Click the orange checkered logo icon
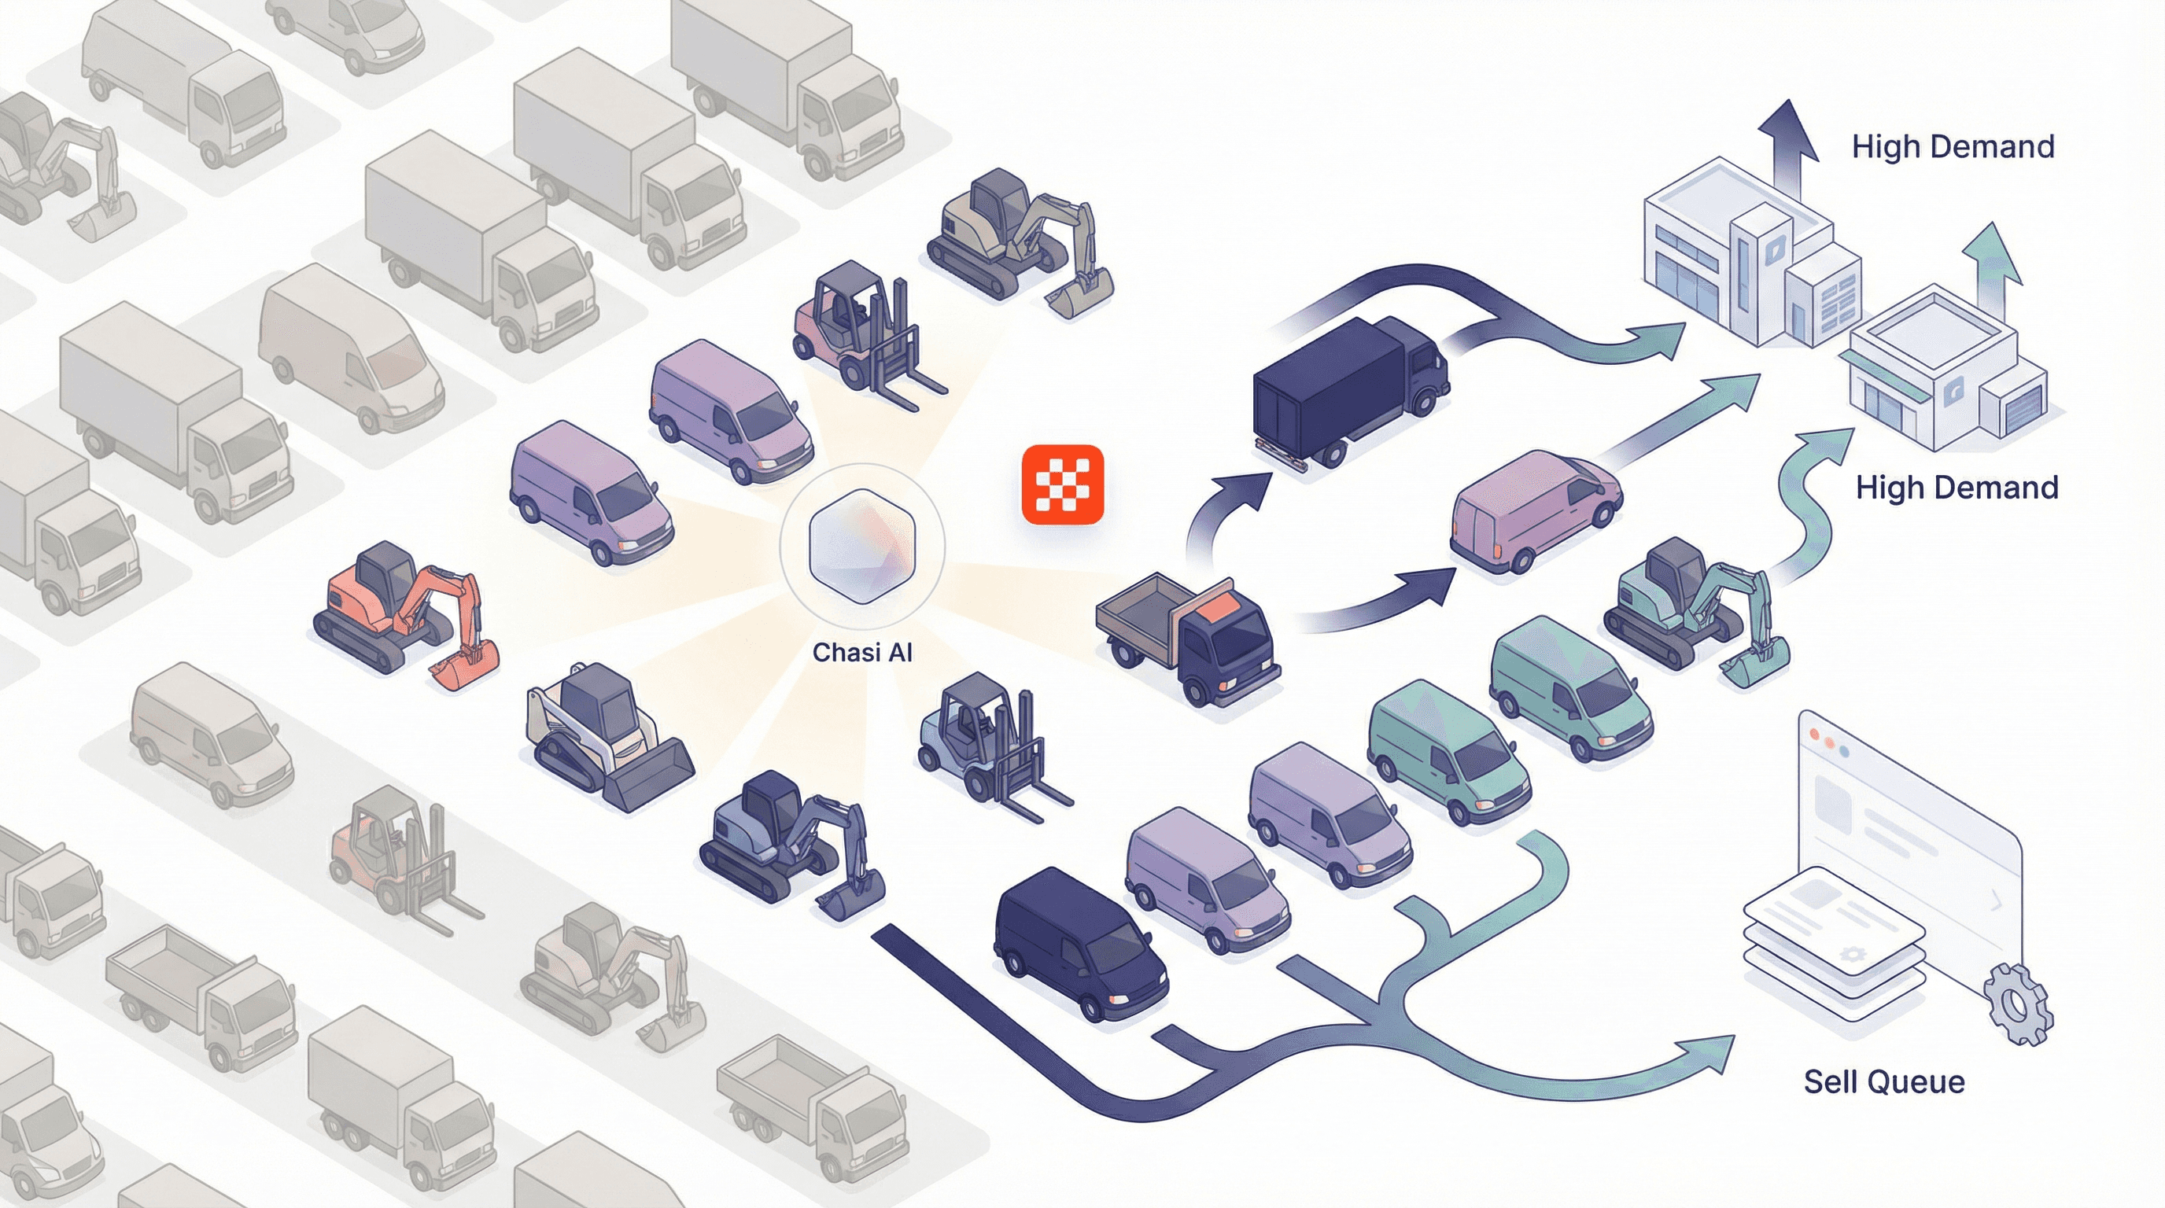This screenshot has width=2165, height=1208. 1062,484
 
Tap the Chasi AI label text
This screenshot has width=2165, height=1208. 862,653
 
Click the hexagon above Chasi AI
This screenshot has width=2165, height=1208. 861,545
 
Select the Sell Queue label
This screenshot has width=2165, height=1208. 1883,1081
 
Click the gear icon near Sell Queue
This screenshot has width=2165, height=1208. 2016,1003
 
